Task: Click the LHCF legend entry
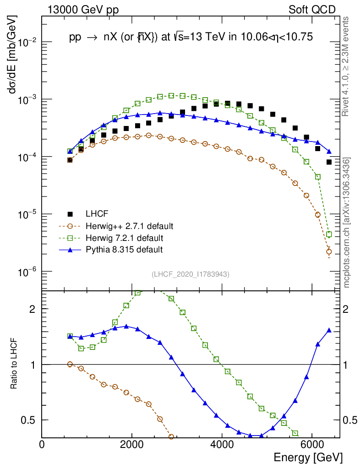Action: coord(93,214)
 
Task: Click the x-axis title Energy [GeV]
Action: coord(308,457)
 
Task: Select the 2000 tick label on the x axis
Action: coord(132,445)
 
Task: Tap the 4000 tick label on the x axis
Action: coord(222,445)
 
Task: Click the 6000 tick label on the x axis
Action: coord(311,445)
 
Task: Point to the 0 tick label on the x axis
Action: coord(42,445)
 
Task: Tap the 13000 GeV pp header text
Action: coord(82,10)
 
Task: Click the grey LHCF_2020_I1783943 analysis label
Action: coord(191,274)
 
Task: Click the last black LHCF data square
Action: coord(329,162)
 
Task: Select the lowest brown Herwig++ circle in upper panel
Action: coord(329,251)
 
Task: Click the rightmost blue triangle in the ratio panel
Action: coord(329,330)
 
